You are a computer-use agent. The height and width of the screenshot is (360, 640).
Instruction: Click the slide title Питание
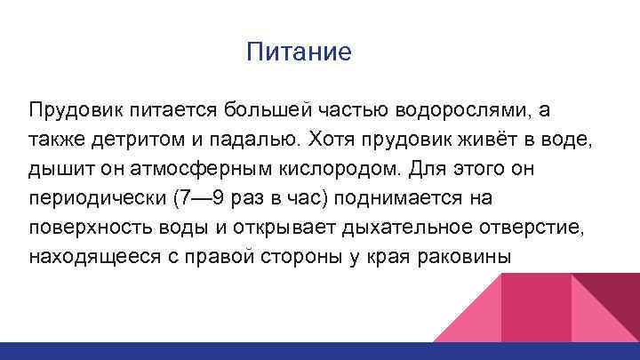(300, 52)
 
